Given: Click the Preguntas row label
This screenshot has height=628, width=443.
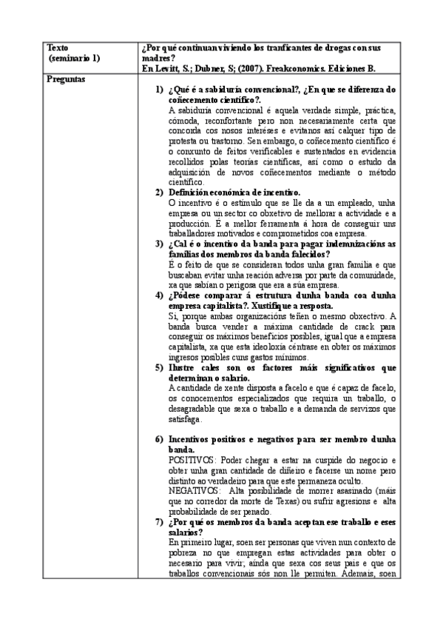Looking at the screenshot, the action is pyautogui.click(x=65, y=77).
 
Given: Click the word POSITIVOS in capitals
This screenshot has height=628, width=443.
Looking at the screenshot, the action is pyautogui.click(x=192, y=460).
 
